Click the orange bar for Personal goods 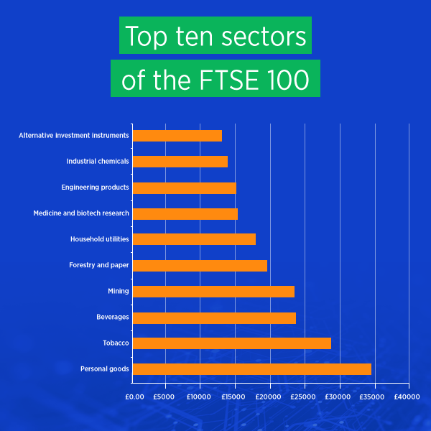tap(252, 369)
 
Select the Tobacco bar tap(232, 343)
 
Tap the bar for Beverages tap(214, 318)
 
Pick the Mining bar tap(213, 292)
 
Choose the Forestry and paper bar tap(200, 266)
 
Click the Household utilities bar tap(194, 239)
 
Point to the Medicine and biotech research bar tap(185, 213)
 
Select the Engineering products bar tap(185, 187)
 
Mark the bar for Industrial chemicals tap(180, 162)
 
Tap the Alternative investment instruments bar tap(177, 136)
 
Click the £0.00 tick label tap(134, 397)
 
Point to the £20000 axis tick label tap(269, 397)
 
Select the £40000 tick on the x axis tap(407, 397)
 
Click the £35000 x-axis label tap(373, 397)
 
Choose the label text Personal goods tap(105, 369)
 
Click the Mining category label tap(118, 292)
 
